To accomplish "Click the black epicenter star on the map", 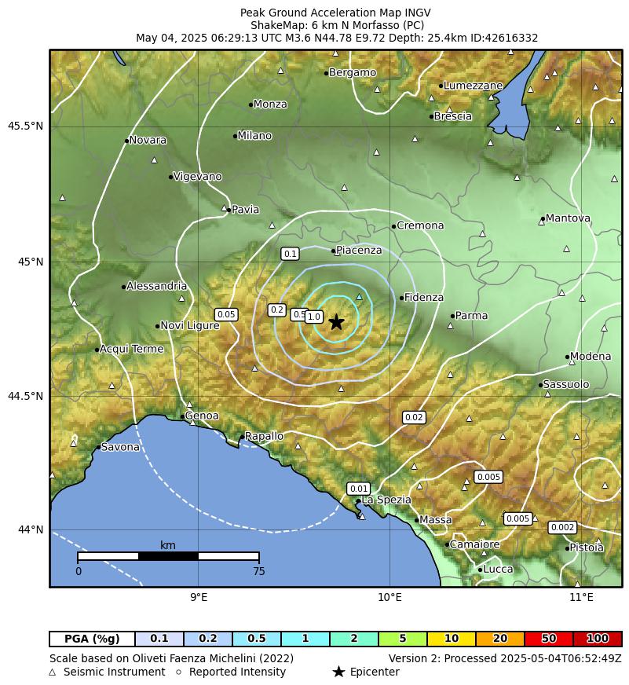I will tap(336, 322).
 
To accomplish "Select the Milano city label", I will tap(254, 136).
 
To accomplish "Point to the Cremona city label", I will tap(420, 225).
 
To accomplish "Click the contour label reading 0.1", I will tap(290, 254).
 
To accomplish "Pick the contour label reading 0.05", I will tap(226, 314).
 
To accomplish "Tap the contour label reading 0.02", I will tap(414, 417).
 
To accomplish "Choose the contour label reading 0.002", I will tap(562, 527).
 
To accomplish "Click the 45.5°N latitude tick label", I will tap(25, 126).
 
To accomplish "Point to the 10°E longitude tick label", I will tap(390, 598).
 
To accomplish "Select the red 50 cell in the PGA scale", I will tap(549, 639).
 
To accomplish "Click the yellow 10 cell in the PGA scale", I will tap(452, 639).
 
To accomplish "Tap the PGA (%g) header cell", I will tap(92, 639).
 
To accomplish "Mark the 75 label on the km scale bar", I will tap(258, 571).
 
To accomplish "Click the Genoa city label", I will tap(202, 416).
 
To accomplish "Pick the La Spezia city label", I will tap(386, 500).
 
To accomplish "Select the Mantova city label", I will tap(567, 218).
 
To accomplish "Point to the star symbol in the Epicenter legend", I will tap(338, 672).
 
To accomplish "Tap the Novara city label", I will tap(148, 140).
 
